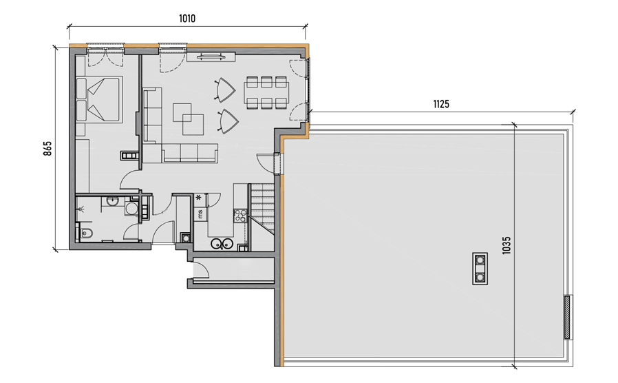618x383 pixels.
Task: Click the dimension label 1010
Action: (187, 19)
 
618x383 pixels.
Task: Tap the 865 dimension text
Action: (47, 148)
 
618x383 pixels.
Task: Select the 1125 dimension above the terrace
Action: (441, 104)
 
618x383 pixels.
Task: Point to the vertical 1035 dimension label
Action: (507, 245)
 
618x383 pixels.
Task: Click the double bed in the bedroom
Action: (99, 99)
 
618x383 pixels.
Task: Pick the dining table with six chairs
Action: (266, 93)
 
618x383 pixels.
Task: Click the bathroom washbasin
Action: (112, 202)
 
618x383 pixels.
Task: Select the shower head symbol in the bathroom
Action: (82, 209)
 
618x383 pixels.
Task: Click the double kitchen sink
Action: (221, 244)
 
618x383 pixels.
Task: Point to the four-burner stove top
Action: (240, 216)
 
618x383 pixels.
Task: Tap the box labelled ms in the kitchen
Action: (200, 214)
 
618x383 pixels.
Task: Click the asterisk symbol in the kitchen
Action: (199, 196)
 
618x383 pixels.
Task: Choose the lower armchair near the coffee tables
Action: (228, 121)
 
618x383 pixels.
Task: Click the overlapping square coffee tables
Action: (189, 119)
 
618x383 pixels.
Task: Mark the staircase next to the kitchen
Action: (262, 209)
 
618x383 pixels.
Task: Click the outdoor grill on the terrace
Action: (480, 269)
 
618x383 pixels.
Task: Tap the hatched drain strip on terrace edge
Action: (568, 317)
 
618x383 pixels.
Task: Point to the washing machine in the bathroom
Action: (131, 209)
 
